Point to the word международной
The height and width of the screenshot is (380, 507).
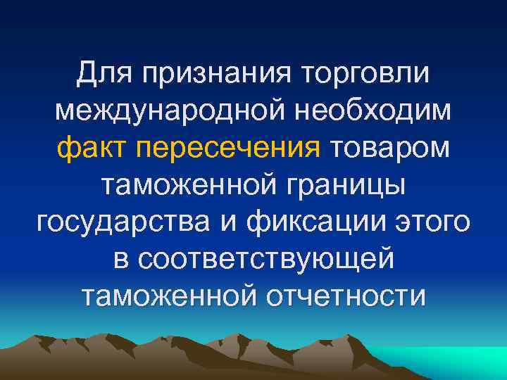click(x=155, y=110)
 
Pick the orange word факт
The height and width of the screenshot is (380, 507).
click(x=92, y=148)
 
